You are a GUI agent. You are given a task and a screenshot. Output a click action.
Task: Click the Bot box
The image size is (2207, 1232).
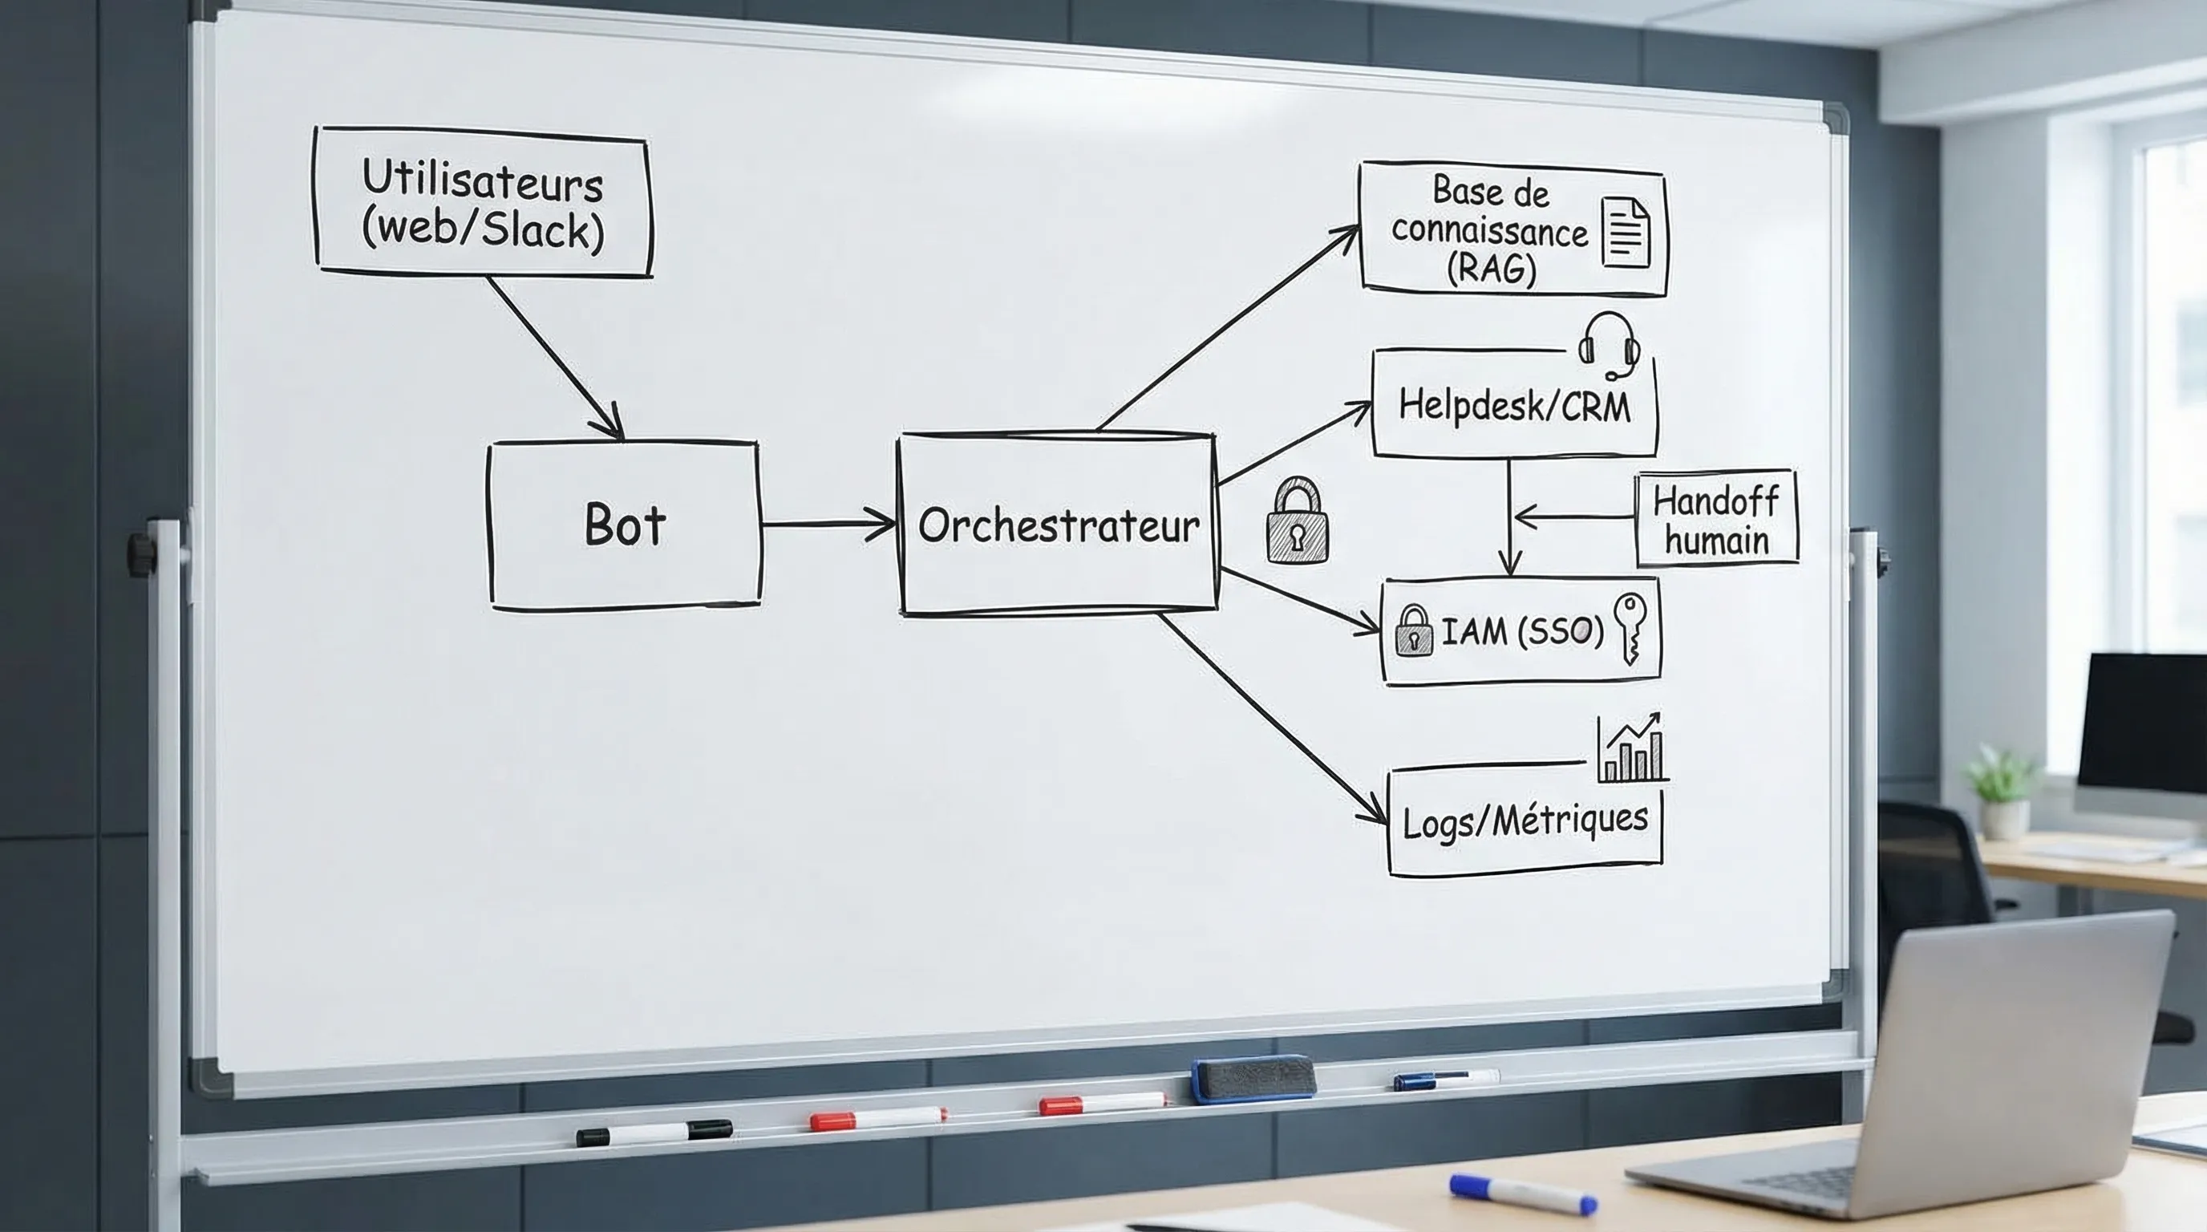coord(625,525)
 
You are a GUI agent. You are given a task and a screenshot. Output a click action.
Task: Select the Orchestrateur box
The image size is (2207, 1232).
coord(1058,525)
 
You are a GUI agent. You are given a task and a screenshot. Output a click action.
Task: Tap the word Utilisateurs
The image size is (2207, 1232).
coord(482,180)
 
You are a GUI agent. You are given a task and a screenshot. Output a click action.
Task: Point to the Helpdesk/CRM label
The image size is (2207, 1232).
coord(1514,405)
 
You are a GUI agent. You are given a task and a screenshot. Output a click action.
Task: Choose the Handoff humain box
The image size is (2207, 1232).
coord(1716,519)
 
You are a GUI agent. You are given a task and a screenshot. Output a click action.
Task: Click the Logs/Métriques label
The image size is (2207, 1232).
coord(1525,821)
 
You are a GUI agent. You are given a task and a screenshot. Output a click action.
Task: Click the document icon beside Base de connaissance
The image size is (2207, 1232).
coord(1626,232)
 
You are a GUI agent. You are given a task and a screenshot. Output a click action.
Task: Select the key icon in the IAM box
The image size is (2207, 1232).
coord(1629,628)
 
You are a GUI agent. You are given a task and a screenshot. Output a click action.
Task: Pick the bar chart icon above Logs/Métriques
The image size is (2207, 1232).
coord(1631,750)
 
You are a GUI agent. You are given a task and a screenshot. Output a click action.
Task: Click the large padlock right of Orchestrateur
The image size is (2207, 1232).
coord(1297,523)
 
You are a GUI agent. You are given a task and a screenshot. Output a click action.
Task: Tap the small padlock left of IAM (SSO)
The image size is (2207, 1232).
coord(1413,631)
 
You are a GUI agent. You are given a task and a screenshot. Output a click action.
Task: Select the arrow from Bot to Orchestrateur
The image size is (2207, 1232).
coord(828,524)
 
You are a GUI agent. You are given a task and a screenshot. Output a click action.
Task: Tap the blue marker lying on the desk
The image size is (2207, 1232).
coord(1522,1193)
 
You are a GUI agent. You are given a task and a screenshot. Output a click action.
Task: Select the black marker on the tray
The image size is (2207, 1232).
coord(654,1133)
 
